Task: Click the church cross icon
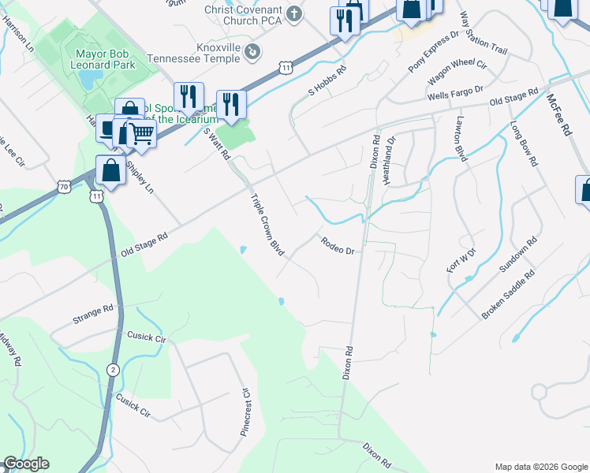[294, 14]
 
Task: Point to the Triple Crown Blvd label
[267, 225]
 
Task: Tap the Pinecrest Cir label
[245, 412]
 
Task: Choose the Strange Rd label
[94, 313]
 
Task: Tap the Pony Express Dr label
[433, 54]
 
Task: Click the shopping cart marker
[142, 134]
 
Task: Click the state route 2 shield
[113, 369]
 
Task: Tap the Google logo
[26, 464]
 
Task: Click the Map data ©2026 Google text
[540, 466]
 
